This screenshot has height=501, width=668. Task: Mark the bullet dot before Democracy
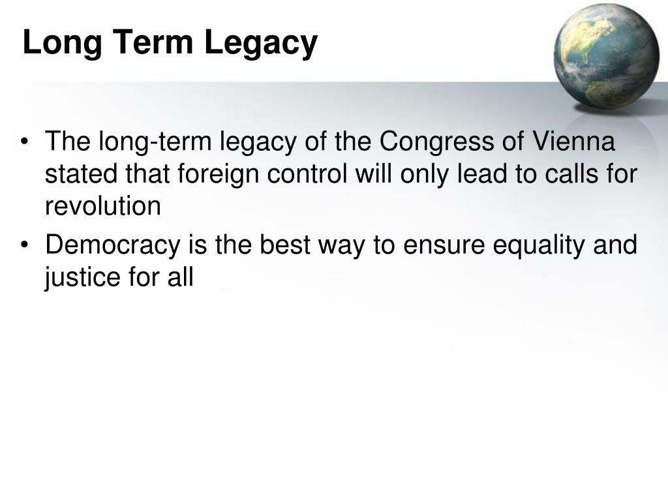(25, 247)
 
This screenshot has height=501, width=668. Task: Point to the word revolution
(102, 207)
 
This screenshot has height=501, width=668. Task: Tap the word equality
(533, 247)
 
